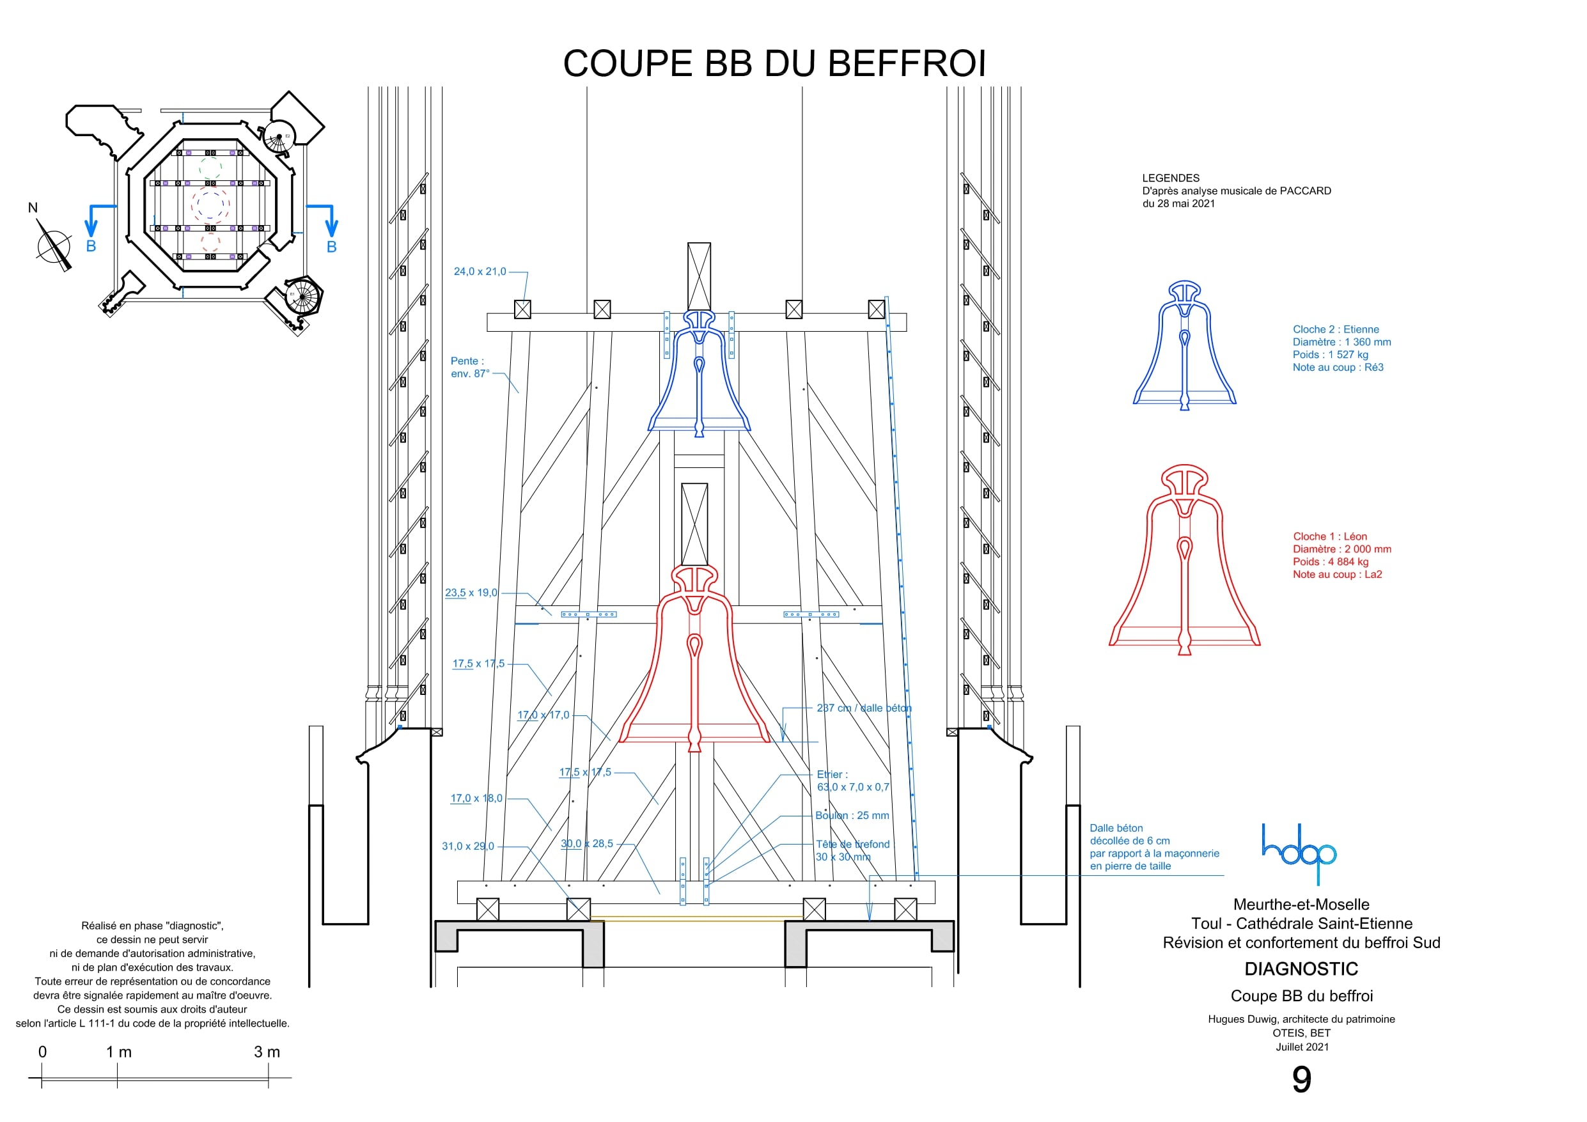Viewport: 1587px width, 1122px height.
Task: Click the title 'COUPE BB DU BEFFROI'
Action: point(774,63)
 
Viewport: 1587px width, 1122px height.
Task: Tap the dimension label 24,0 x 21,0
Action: point(480,272)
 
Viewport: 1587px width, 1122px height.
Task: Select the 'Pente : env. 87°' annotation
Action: point(470,367)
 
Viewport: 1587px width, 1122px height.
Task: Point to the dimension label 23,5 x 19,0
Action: point(471,593)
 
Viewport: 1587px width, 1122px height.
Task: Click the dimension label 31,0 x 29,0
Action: point(468,846)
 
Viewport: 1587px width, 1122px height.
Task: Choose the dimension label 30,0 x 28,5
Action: point(587,843)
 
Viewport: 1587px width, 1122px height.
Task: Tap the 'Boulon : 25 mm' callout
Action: point(852,816)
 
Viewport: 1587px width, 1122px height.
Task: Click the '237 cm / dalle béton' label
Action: point(864,708)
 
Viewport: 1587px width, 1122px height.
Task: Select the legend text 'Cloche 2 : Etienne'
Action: point(1336,330)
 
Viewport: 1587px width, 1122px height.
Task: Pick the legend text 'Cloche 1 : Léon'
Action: point(1330,536)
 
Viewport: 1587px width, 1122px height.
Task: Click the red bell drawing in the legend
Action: point(1185,560)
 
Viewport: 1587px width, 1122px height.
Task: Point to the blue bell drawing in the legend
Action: point(1185,345)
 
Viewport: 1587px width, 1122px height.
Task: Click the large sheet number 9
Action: point(1302,1080)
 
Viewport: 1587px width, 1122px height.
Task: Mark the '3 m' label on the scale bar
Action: point(267,1052)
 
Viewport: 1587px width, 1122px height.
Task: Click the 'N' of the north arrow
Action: point(33,208)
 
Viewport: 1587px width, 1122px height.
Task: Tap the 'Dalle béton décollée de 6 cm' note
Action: point(1153,847)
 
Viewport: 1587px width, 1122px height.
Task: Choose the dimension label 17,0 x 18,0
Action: point(476,799)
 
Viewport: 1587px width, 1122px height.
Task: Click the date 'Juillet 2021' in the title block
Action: point(1302,1047)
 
